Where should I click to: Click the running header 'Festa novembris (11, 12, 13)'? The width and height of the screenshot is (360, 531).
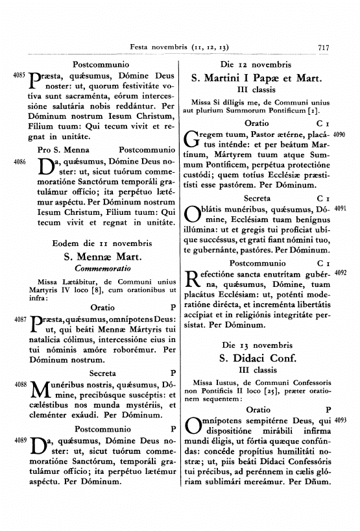pyautogui.click(x=179, y=47)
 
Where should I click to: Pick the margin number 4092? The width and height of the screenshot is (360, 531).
pyautogui.click(x=342, y=273)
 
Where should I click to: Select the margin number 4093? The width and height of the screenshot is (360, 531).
pyautogui.click(x=342, y=421)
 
